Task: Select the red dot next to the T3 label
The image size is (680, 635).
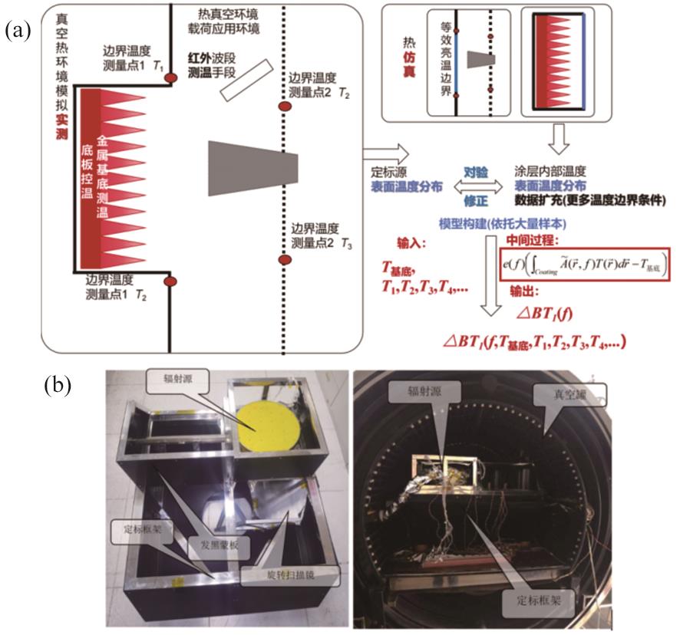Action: pos(284,260)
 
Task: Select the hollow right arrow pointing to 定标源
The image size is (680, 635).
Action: pos(377,151)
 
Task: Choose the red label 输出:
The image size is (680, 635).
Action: pos(524,291)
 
